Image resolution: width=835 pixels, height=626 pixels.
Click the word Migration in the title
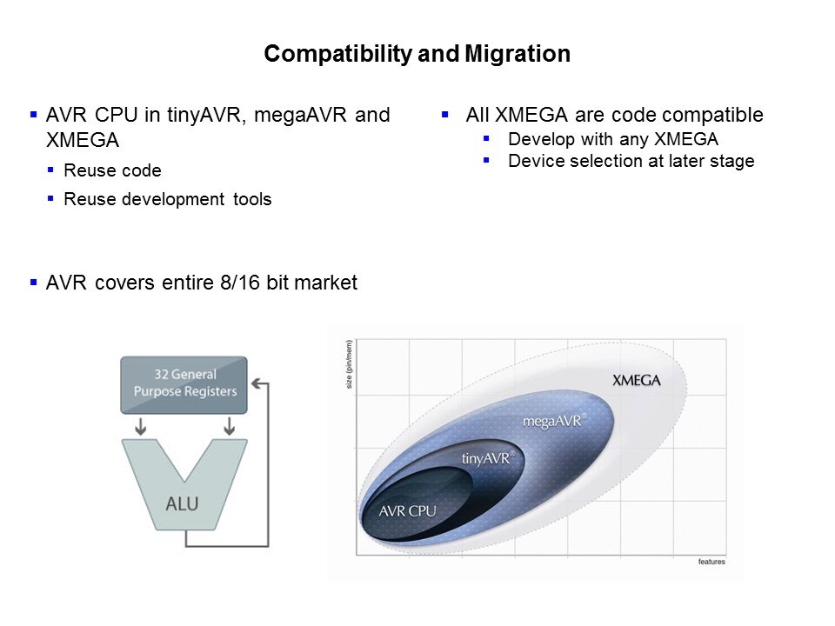(518, 54)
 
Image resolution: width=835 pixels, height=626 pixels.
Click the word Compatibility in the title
(338, 54)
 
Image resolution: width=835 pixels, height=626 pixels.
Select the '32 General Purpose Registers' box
(184, 385)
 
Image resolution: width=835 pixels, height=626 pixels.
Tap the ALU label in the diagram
(182, 503)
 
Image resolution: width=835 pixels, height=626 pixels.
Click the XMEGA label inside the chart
(637, 380)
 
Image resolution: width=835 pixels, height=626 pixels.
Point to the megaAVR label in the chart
(554, 421)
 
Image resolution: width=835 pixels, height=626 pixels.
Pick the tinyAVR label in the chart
(488, 458)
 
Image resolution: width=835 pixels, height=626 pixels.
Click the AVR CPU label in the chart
(407, 511)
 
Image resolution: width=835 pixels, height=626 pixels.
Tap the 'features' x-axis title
(711, 562)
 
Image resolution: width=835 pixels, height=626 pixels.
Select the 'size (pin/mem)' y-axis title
(350, 364)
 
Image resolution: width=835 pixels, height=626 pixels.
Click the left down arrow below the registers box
(141, 426)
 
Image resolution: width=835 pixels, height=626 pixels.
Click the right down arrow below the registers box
(230, 426)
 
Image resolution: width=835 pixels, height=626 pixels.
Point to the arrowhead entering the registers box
(256, 383)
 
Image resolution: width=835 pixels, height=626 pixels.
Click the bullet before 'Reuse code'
(50, 170)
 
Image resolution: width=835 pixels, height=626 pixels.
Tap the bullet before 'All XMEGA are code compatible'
(445, 114)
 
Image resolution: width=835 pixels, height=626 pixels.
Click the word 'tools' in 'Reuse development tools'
(252, 199)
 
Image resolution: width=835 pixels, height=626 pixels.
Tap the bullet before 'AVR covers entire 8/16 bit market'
(34, 282)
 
